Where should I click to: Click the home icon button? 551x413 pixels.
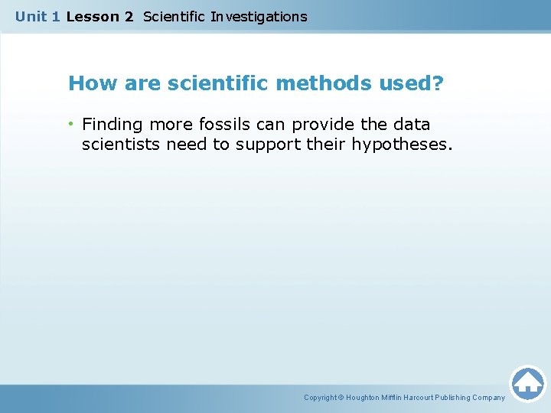(527, 383)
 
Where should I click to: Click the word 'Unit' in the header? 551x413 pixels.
(31, 16)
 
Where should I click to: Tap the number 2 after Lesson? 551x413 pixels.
(129, 16)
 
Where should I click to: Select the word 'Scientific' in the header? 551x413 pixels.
(174, 16)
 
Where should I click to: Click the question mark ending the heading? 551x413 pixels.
(437, 83)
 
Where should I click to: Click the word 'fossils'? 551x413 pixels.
(223, 124)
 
